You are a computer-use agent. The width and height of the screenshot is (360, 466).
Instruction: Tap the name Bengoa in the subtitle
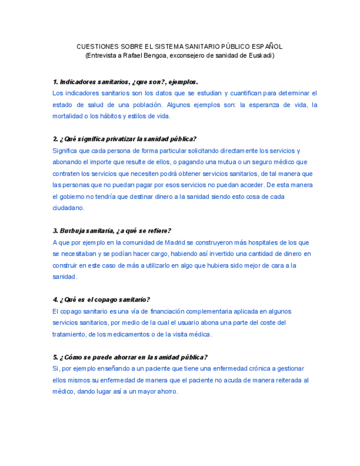point(157,56)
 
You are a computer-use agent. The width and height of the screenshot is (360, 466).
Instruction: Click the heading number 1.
point(56,82)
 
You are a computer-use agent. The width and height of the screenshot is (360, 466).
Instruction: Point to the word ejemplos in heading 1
point(182,82)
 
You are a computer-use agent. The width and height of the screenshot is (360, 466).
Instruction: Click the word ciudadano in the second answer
point(69,208)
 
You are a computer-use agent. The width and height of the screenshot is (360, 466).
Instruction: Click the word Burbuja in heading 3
point(70,231)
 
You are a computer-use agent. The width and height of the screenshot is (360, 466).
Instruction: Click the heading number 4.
point(56,299)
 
